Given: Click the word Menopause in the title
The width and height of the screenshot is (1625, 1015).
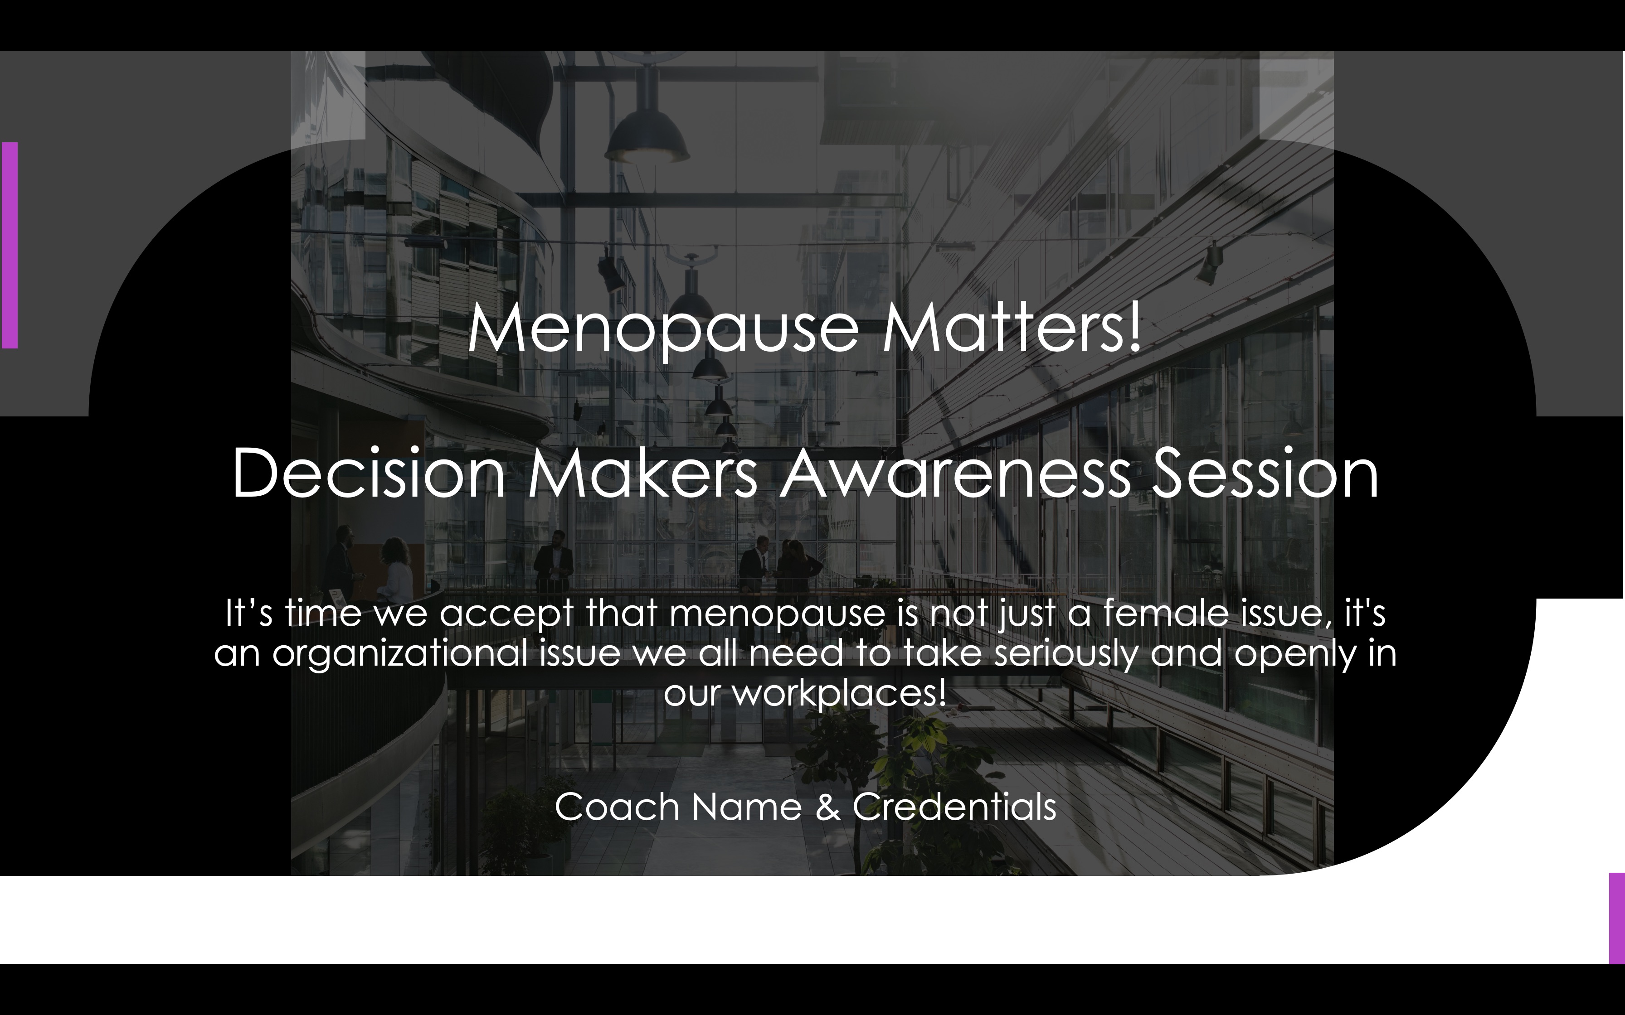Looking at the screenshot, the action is pos(663,329).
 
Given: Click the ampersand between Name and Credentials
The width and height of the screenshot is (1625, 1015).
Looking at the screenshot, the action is pos(827,807).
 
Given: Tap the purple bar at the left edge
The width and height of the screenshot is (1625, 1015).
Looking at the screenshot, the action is pos(10,245).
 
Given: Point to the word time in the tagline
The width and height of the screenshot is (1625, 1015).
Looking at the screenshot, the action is pos(322,613).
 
